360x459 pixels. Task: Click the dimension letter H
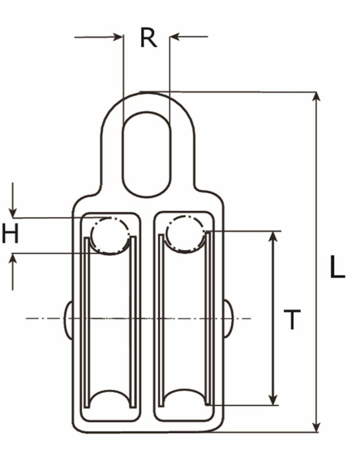(10, 234)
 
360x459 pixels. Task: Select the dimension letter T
(292, 320)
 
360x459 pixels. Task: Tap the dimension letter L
(338, 268)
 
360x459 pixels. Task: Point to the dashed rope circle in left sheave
(110, 235)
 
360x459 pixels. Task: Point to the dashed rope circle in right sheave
(185, 235)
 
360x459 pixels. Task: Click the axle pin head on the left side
(68, 318)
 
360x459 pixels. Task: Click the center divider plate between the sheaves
(148, 318)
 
